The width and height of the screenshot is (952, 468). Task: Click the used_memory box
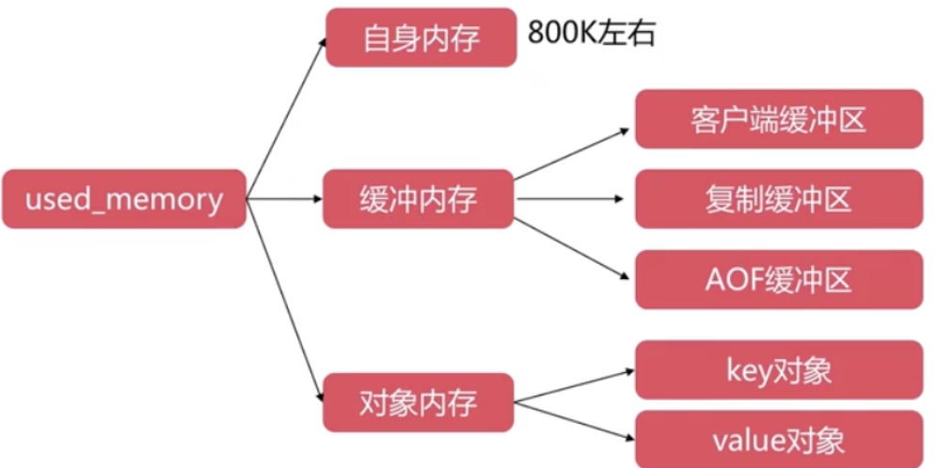pyautogui.click(x=124, y=199)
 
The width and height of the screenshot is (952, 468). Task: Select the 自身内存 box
pyautogui.click(x=421, y=39)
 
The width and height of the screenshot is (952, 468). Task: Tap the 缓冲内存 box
pyautogui.click(x=419, y=199)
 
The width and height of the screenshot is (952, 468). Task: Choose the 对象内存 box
pyautogui.click(x=419, y=402)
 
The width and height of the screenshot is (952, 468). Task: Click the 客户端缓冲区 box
pyautogui.click(x=778, y=119)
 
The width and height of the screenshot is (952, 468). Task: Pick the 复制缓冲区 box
pyautogui.click(x=778, y=199)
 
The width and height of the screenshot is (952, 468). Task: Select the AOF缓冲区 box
pyautogui.click(x=778, y=279)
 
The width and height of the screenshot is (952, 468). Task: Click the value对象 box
pyautogui.click(x=778, y=439)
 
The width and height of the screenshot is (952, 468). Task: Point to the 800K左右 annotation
pyautogui.click(x=592, y=35)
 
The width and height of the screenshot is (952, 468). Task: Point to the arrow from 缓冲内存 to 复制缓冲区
pyautogui.click(x=571, y=198)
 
